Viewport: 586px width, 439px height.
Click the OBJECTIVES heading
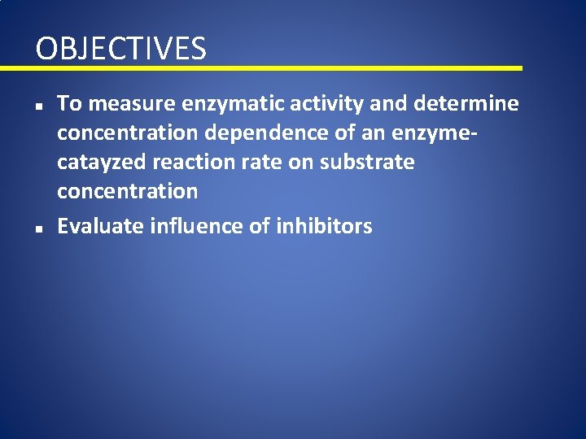point(120,49)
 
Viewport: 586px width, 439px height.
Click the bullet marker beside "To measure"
point(39,105)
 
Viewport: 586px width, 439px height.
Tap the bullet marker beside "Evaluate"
point(39,228)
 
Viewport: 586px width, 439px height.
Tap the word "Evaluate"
point(101,226)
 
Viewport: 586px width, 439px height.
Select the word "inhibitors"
point(324,226)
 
